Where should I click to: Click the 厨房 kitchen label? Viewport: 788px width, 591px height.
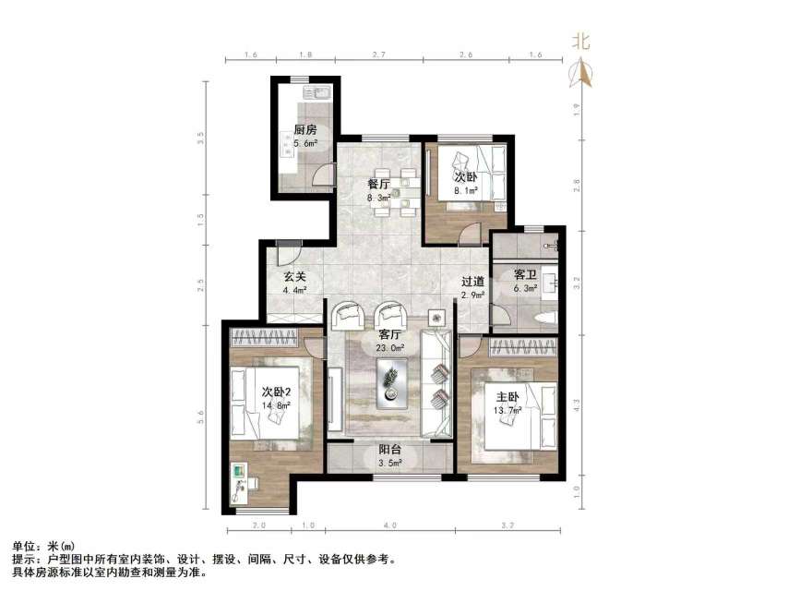pyautogui.click(x=305, y=129)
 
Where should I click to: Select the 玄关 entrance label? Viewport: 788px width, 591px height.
pyautogui.click(x=294, y=277)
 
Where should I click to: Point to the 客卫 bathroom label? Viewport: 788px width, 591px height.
pyautogui.click(x=526, y=274)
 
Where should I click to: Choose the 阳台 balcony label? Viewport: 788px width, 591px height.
pyautogui.click(x=389, y=452)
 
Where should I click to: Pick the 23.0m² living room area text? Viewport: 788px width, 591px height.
pyautogui.click(x=390, y=349)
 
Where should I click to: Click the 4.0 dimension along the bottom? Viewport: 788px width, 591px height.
pyautogui.click(x=390, y=525)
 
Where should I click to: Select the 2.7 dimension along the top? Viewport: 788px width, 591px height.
pyautogui.click(x=378, y=55)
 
